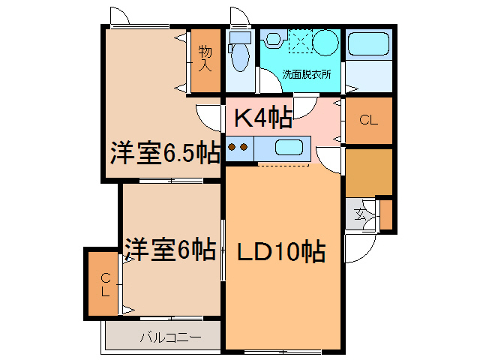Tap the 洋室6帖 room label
(170, 248)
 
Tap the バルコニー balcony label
(170, 337)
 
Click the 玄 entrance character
(361, 214)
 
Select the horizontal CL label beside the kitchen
(367, 120)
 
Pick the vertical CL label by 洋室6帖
(106, 284)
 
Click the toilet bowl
(239, 57)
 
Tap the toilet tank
(239, 37)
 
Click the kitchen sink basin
(288, 147)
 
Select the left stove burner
(232, 147)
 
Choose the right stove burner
(244, 147)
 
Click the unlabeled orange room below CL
(368, 171)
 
